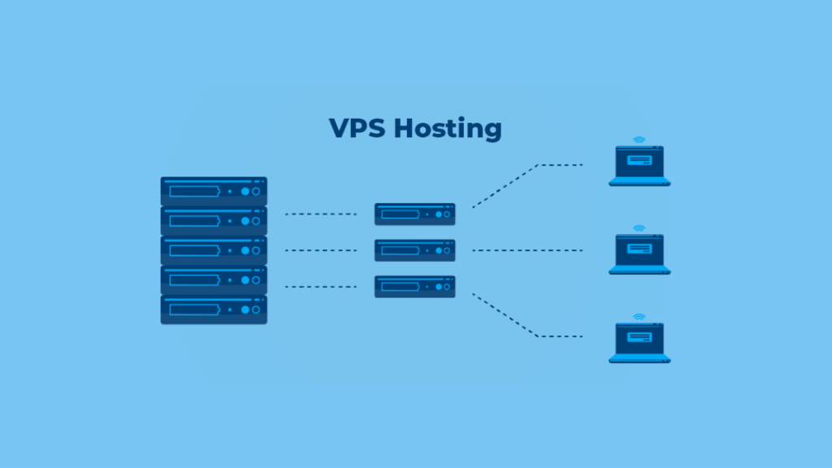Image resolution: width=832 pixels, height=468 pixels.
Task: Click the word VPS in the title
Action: click(x=357, y=128)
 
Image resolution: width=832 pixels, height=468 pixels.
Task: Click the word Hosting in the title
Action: click(x=448, y=129)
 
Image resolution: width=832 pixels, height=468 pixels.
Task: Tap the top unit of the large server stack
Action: click(x=214, y=191)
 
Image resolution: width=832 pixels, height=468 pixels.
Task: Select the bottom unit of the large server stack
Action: click(x=214, y=310)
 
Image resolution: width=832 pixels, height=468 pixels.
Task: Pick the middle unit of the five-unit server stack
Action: click(x=214, y=250)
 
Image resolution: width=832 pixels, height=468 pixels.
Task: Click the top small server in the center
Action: click(x=415, y=214)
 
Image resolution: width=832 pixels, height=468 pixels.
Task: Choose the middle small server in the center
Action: click(x=415, y=250)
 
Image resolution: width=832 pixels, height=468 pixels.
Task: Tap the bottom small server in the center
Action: click(x=415, y=287)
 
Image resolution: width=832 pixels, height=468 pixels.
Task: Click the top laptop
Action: click(x=639, y=166)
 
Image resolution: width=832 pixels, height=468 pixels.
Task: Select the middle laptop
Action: click(x=639, y=254)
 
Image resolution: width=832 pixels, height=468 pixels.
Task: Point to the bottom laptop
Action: click(x=639, y=343)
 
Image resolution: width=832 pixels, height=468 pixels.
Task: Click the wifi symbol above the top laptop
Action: click(x=639, y=140)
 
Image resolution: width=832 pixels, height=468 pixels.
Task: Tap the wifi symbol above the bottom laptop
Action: click(x=639, y=317)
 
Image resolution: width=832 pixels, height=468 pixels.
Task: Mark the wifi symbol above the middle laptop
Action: click(x=639, y=228)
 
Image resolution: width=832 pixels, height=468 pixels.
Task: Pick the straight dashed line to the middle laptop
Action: click(x=527, y=250)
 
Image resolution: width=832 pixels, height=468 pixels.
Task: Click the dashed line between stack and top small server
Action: click(x=321, y=214)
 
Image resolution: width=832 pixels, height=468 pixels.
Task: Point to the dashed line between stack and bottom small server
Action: click(x=321, y=287)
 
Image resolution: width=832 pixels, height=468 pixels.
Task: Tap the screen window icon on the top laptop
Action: click(x=639, y=160)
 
